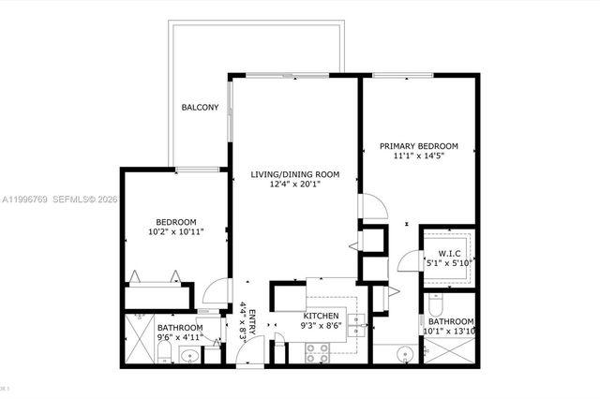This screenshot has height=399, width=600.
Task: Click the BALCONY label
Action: [x=200, y=108]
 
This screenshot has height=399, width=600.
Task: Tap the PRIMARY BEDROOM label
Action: [x=418, y=146]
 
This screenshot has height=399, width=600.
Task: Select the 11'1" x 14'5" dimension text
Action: [x=418, y=157]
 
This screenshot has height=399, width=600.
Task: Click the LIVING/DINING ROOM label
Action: [x=294, y=174]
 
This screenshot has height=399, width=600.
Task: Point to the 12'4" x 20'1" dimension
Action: [x=294, y=185]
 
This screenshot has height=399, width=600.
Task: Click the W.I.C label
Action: [x=445, y=253]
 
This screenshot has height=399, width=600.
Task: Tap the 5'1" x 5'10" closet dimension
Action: [x=445, y=263]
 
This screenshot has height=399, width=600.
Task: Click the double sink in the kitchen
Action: [x=355, y=324]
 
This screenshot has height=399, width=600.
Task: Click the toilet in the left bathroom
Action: [x=163, y=353]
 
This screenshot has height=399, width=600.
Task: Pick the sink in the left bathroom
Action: [x=188, y=355]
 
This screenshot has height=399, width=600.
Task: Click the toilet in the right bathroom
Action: [x=434, y=305]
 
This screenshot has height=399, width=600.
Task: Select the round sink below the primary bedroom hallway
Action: [x=403, y=355]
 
